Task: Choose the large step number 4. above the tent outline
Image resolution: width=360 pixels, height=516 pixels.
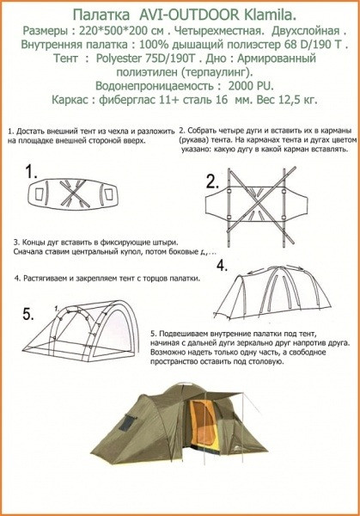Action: click(x=221, y=265)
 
